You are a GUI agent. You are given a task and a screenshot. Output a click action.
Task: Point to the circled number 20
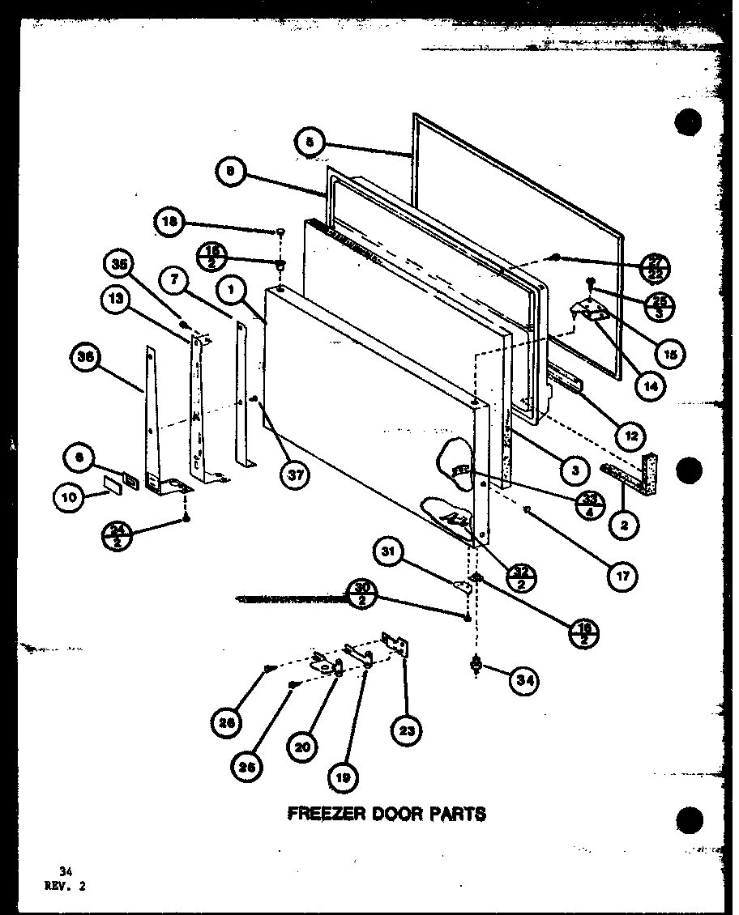pos(301,747)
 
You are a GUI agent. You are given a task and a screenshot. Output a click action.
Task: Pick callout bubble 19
pos(342,778)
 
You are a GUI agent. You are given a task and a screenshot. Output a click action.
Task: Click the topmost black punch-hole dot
pos(687,123)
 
